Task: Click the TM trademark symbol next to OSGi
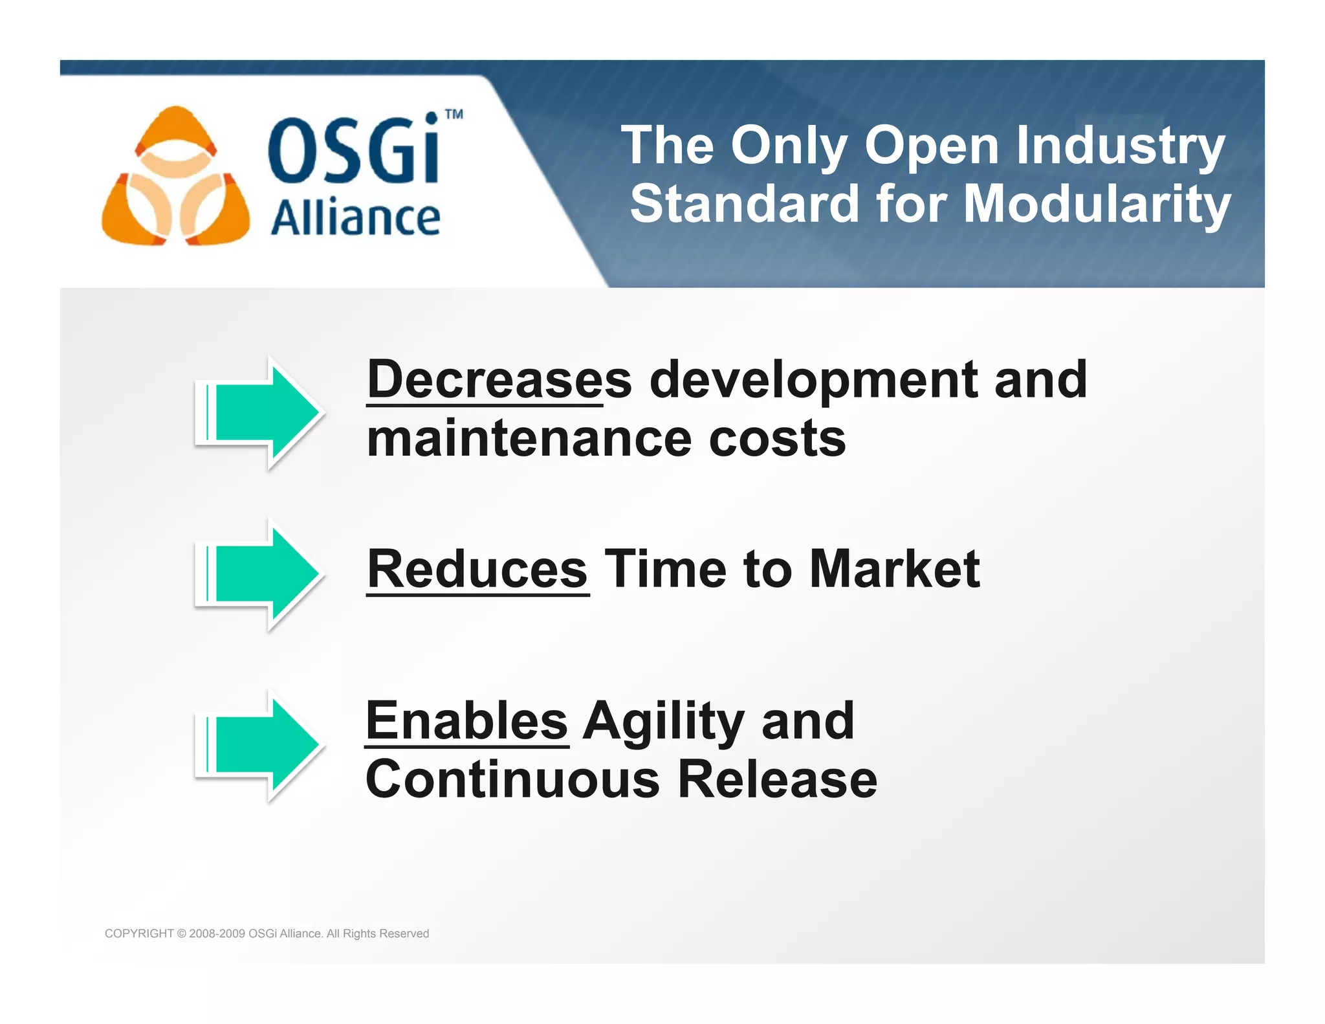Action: click(454, 115)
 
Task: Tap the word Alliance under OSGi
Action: click(355, 218)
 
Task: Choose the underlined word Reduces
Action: click(477, 570)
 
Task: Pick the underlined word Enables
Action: click(466, 721)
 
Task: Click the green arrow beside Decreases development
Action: click(259, 412)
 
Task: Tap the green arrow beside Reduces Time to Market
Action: click(259, 573)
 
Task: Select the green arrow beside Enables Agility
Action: click(259, 745)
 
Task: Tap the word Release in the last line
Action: click(777, 779)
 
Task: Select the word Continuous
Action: click(512, 779)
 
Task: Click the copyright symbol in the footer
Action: click(181, 933)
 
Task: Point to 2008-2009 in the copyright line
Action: click(217, 933)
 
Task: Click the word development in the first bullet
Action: click(814, 381)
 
